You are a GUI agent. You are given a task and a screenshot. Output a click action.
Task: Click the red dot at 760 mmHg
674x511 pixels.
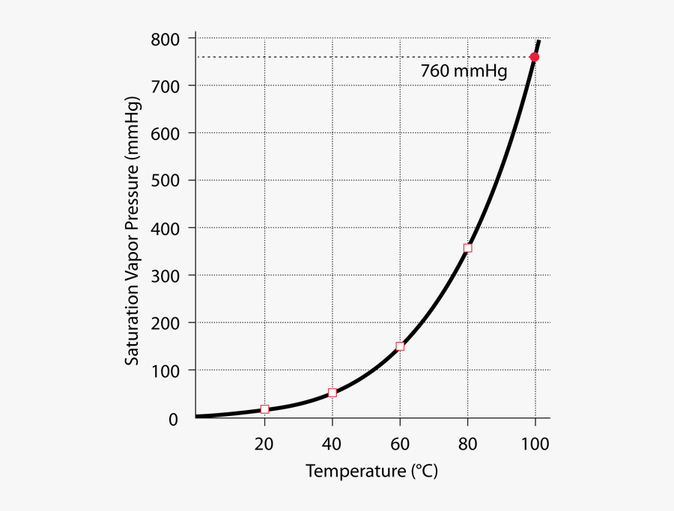pos(535,57)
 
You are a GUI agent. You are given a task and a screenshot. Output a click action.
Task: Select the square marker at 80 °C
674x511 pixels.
pos(468,248)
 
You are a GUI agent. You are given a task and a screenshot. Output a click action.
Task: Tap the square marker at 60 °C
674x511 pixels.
pos(400,346)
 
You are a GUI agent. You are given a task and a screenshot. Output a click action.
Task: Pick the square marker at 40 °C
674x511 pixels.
pos(333,393)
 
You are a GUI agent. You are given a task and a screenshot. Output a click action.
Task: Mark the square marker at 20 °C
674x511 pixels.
pos(265,409)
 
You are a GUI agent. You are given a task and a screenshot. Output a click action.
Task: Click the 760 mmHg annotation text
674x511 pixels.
pos(464,72)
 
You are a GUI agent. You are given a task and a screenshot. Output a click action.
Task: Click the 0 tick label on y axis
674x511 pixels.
pos(173,419)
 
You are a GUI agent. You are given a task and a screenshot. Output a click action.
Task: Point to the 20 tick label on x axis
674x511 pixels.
pos(264,444)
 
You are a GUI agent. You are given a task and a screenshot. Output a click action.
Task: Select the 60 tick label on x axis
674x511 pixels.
pos(400,444)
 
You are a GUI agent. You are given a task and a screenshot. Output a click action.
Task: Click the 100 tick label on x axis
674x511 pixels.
pos(535,444)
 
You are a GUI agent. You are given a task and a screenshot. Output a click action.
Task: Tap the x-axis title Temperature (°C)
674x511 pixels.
pos(371,472)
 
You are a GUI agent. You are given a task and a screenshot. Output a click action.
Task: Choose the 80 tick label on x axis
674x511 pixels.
pos(467,444)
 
